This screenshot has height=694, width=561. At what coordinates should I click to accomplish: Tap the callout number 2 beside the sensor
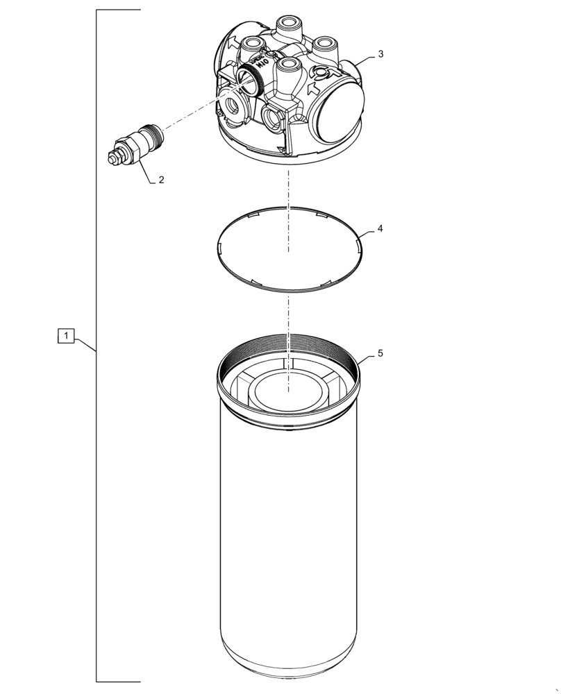161,180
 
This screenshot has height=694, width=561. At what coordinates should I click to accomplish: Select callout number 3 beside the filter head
380,53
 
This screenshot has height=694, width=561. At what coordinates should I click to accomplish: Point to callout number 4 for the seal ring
380,228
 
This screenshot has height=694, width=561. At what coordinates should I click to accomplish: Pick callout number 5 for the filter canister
380,353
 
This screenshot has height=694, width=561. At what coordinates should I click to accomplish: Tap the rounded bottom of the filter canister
288,663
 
